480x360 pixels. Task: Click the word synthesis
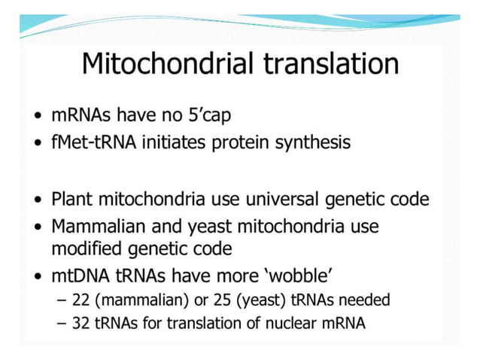[317, 142]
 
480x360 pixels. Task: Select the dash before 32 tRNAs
[62, 325]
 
